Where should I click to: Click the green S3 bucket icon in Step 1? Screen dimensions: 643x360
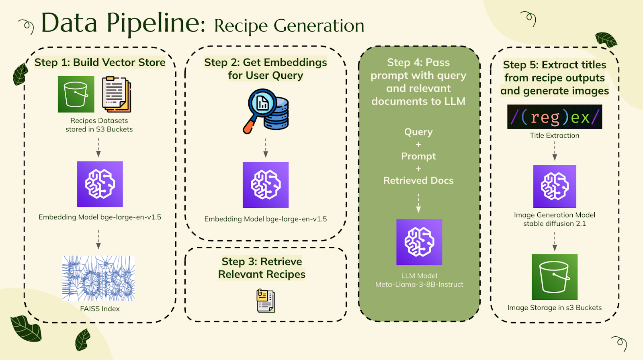click(76, 94)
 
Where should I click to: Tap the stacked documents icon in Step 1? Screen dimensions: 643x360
click(117, 94)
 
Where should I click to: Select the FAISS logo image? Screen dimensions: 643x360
click(98, 278)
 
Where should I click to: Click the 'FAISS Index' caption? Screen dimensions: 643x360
click(100, 309)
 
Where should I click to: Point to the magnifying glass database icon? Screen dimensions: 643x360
click(266, 111)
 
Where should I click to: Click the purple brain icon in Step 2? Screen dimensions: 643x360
click(266, 185)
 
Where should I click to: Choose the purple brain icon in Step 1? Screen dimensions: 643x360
click(100, 184)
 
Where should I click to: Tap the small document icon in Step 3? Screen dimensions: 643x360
click(266, 301)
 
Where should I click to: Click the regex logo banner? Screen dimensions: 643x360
click(555, 117)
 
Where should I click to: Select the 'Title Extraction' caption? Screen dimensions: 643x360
click(555, 135)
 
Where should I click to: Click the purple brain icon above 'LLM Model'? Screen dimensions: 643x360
click(419, 242)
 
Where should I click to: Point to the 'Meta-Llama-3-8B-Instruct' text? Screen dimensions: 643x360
click(419, 284)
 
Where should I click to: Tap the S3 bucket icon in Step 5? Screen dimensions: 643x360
click(555, 277)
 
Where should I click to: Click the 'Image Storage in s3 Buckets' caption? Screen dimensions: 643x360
click(555, 308)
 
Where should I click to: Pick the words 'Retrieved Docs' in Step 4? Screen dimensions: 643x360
click(418, 180)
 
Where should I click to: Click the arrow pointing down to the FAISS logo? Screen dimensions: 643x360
click(98, 239)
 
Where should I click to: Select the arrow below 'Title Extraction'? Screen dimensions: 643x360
click(555, 151)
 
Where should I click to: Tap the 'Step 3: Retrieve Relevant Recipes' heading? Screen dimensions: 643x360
click(262, 268)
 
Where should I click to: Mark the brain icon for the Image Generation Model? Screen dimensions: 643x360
click(555, 186)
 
